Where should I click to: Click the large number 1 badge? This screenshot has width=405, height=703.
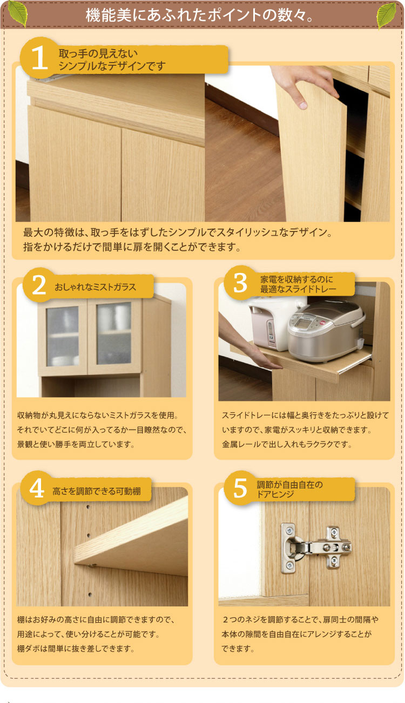[39, 58]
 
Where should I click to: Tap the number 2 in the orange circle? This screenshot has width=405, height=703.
[39, 285]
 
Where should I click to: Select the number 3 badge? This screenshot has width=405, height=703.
[240, 283]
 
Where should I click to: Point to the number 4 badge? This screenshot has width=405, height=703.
[37, 488]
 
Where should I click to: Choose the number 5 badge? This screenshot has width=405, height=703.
[240, 488]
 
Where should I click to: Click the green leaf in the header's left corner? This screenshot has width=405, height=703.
[17, 14]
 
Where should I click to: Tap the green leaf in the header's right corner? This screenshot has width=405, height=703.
[387, 16]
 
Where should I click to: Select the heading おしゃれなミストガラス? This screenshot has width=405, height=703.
[95, 287]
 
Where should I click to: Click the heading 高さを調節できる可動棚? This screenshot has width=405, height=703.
[97, 491]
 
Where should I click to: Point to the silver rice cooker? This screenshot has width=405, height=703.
[326, 331]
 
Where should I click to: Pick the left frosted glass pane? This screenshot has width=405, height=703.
[62, 336]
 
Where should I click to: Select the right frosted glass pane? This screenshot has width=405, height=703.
[114, 333]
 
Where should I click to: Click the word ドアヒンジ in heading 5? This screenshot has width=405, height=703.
[275, 494]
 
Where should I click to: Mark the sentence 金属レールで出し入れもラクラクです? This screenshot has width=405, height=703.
[287, 445]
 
